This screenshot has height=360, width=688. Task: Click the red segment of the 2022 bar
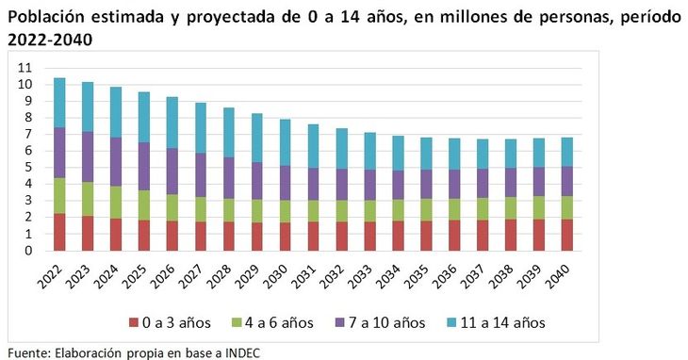pos(59,232)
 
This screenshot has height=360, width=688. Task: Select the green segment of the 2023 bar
pos(88,199)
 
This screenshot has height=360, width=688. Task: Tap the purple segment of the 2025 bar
pos(143,167)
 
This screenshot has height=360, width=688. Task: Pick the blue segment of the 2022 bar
pos(59,103)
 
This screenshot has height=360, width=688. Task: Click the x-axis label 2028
pos(223,277)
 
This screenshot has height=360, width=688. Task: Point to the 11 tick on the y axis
pos(25,68)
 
